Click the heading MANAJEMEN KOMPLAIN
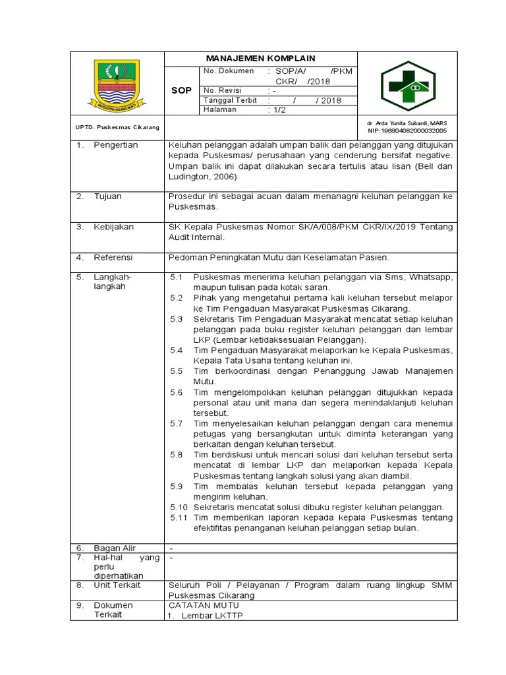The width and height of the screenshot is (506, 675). pos(260,59)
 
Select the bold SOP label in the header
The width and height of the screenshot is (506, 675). pos(181,90)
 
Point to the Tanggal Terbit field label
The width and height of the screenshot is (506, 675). pos(231,100)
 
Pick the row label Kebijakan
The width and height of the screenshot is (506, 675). pos(113,227)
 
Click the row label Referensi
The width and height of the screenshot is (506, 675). pos(113,257)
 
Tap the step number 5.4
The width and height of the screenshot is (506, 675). pos(176,350)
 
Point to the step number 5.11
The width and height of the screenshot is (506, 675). pos(179,517)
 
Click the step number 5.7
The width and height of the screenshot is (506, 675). pos(176,423)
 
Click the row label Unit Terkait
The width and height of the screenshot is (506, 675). pos(117,585)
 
